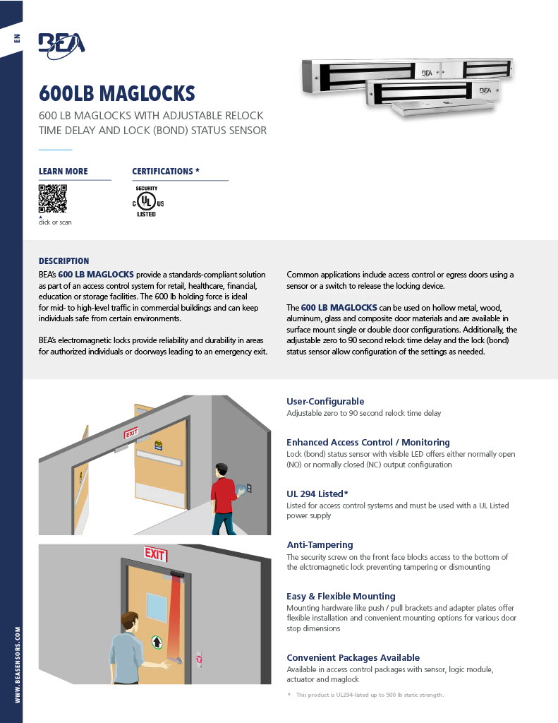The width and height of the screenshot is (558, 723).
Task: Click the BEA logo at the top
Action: point(61,43)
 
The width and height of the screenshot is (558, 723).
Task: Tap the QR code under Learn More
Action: point(52,198)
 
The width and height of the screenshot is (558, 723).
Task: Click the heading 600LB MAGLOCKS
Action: point(116,93)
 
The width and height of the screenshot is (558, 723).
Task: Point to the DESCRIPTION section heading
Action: point(63,261)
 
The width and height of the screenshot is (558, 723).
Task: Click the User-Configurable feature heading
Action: point(325,401)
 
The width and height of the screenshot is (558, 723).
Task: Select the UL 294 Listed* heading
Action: point(317,493)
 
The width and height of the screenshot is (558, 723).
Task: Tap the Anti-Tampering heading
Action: point(320,544)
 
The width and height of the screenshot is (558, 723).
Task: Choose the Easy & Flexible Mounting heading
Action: point(341,596)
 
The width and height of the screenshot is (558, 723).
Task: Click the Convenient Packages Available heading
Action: point(353,657)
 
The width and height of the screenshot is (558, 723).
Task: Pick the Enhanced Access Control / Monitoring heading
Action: point(368,442)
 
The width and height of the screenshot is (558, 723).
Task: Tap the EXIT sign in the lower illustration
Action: point(155,552)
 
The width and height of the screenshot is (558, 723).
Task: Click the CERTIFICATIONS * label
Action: point(166,172)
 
